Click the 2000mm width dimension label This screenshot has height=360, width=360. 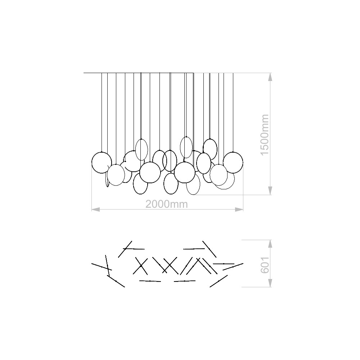click(167, 204)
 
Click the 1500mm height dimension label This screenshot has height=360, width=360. click(265, 135)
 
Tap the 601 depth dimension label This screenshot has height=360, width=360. click(265, 265)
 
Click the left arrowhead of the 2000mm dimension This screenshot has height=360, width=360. click(95, 210)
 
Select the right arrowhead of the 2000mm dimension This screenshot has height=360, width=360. click(239, 210)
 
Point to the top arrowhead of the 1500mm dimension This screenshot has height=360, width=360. click(270, 77)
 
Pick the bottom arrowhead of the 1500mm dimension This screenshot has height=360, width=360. click(270, 191)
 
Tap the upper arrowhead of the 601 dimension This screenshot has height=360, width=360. click(270, 244)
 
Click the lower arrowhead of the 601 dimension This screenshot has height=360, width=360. click(270, 283)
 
